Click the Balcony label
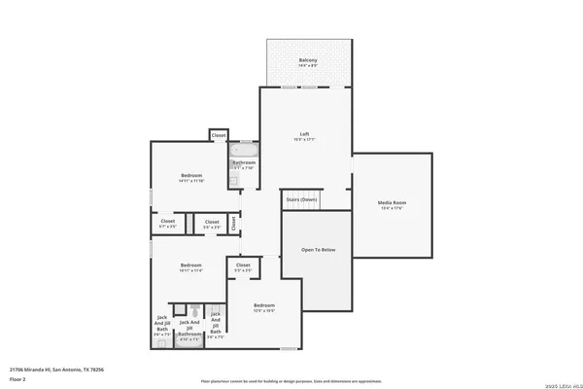(x=307, y=60)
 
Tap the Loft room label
(x=304, y=133)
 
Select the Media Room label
(x=392, y=202)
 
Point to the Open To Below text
(x=318, y=250)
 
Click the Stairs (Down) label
(x=301, y=199)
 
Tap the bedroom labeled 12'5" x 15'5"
(x=264, y=307)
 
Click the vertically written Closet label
(x=233, y=223)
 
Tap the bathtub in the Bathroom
(x=243, y=151)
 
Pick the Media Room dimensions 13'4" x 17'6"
(x=392, y=208)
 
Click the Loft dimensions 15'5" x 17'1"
(x=304, y=139)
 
